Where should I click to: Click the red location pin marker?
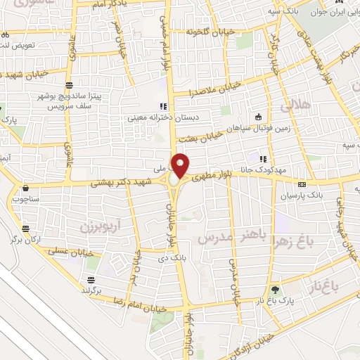click(x=181, y=165)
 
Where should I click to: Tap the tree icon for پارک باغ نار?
click(x=274, y=289)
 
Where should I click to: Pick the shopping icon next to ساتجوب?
click(x=27, y=188)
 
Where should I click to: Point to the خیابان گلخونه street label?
click(x=207, y=31)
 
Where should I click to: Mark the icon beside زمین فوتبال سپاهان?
click(x=259, y=116)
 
